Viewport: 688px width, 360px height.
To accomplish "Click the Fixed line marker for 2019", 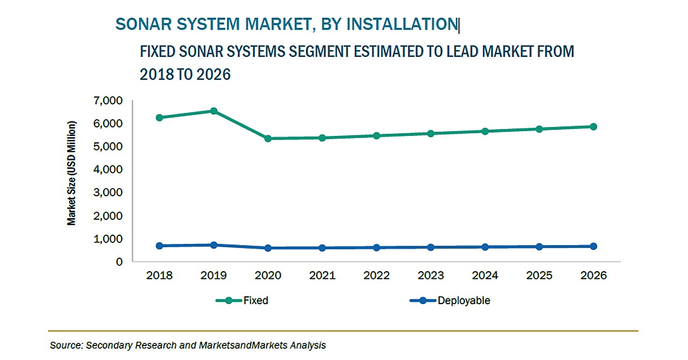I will [x=214, y=111].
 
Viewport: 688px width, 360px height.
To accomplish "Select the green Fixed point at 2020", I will [x=268, y=139].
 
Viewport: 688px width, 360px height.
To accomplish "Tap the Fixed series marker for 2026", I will [x=593, y=127].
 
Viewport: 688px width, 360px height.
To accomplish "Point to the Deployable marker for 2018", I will [x=160, y=246].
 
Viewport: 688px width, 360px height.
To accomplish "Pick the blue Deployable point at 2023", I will [x=431, y=247].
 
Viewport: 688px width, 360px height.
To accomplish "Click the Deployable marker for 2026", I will [x=593, y=246].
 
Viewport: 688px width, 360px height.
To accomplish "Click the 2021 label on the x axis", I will [x=322, y=276].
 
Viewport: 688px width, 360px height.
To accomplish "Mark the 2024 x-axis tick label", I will [x=485, y=276].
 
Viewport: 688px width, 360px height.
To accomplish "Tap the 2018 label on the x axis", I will [x=160, y=276].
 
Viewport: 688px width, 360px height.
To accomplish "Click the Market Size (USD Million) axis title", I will [x=71, y=173].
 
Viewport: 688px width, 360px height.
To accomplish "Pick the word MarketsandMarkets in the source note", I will [x=252, y=345].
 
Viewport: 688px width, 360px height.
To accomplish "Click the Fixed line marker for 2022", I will [x=377, y=135].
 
